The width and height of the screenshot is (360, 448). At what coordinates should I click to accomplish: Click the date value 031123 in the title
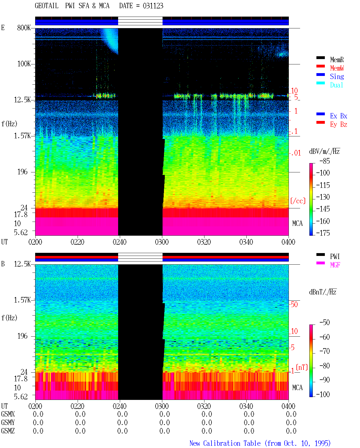point(153,6)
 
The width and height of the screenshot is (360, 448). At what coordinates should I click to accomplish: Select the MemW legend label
point(337,68)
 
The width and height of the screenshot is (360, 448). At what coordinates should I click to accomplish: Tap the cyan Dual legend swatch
point(320,83)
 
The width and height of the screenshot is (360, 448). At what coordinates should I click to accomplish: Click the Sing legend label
point(337,76)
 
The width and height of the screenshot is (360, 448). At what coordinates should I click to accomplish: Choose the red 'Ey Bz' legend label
point(338,124)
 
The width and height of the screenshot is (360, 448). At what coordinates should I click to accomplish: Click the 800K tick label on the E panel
point(24,28)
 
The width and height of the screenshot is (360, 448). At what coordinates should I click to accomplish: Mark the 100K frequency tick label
point(24,64)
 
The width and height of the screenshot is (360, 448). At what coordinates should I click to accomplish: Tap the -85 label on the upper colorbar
point(325,161)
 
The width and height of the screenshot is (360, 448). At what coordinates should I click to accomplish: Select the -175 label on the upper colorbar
point(323,233)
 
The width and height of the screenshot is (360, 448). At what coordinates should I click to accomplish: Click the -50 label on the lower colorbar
point(325,323)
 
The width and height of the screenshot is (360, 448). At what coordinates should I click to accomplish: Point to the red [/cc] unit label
point(298,201)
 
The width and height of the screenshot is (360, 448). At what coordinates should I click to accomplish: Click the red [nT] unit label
point(302,367)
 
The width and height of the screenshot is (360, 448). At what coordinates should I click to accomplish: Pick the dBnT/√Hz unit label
point(323,292)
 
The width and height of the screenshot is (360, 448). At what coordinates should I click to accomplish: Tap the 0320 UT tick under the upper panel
point(204,242)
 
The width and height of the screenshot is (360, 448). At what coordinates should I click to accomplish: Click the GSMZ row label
point(8,431)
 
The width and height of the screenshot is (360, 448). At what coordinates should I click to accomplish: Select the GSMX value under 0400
point(291,414)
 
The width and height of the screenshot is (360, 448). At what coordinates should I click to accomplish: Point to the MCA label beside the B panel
point(297,388)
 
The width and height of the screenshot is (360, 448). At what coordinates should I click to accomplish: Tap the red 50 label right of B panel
point(294,304)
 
